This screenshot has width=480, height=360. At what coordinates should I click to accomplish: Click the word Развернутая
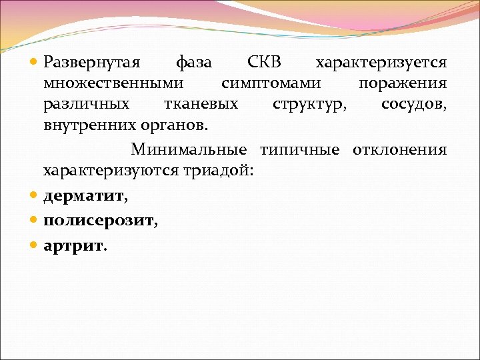pos(91,63)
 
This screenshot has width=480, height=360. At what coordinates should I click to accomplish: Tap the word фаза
pos(193,63)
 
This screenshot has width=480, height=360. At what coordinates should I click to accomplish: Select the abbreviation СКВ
pos(264,63)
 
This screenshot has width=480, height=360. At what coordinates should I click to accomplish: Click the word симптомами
pos(271,83)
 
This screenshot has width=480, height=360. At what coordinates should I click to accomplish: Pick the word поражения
pos(403,83)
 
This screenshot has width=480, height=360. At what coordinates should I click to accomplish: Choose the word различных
pos(86,104)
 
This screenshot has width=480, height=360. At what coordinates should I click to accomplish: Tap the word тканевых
pos(201,104)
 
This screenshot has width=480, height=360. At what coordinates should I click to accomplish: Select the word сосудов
pos(413,104)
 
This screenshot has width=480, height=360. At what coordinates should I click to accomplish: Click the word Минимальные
pos(189,149)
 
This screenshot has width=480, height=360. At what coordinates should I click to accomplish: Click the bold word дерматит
pos(84,197)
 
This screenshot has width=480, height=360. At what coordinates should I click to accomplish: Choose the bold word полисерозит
pos(98,221)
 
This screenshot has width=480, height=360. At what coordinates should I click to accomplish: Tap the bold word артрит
pos(73,245)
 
